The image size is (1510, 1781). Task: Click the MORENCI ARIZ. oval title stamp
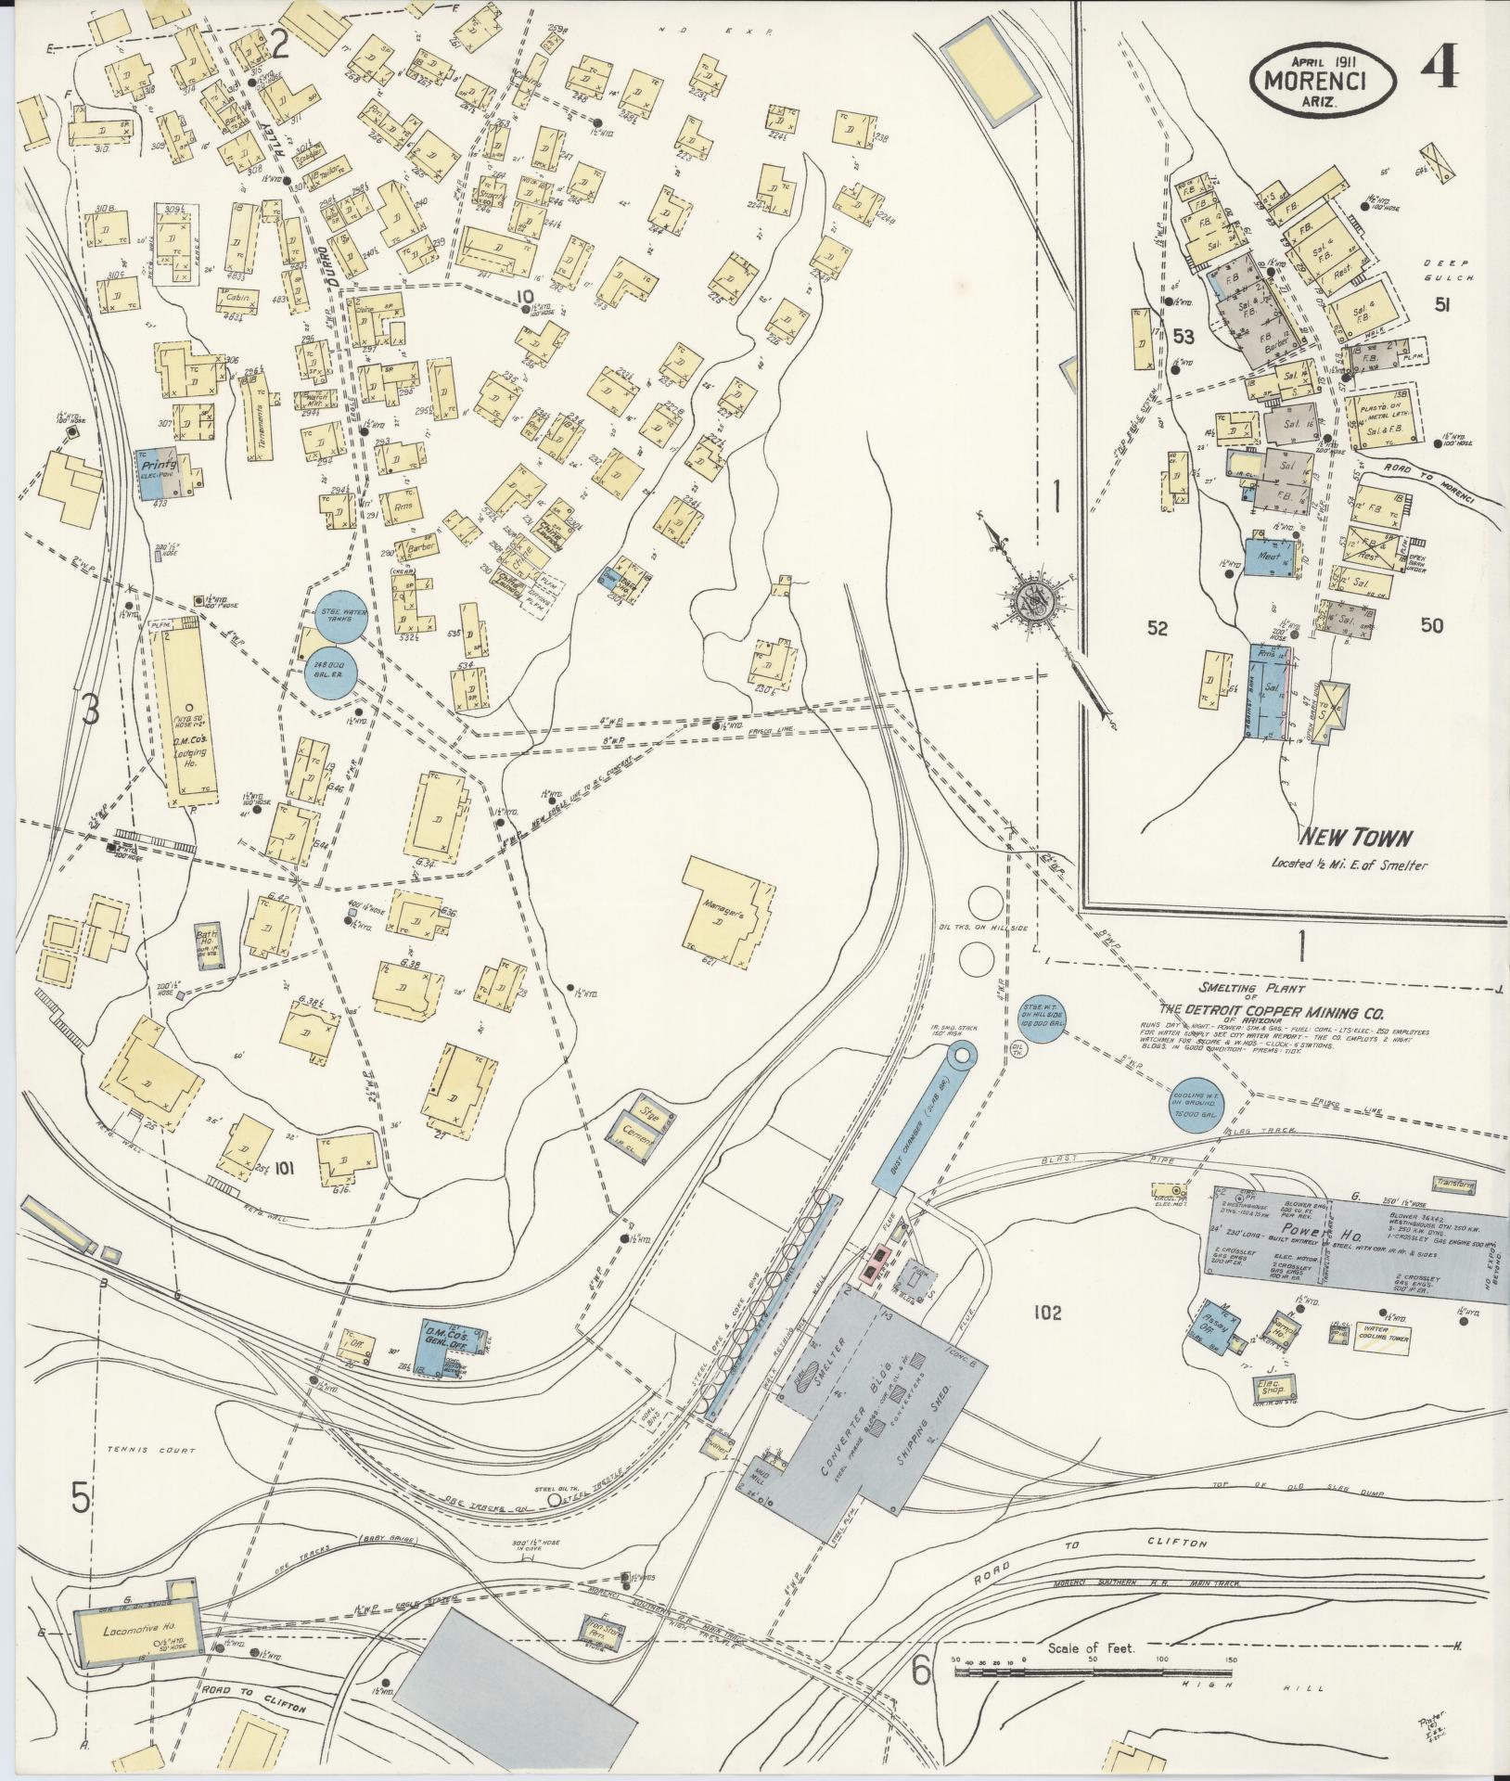point(1324,81)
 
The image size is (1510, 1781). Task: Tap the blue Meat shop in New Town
point(1268,557)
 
